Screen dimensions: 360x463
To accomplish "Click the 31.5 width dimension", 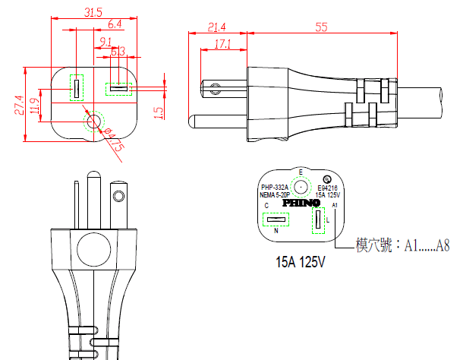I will (93, 12).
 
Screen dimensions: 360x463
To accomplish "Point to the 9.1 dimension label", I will (106, 41).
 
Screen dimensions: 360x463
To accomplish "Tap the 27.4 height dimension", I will (18, 105).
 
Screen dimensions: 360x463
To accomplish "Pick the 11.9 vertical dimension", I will (34, 105).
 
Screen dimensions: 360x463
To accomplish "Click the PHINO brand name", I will (301, 204).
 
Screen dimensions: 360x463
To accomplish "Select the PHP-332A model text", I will (275, 187).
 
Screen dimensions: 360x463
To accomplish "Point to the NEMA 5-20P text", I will (275, 194).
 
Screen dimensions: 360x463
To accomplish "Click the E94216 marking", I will (328, 187).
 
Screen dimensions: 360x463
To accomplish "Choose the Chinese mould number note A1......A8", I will (402, 245).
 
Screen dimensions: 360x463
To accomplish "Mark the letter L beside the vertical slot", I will (326, 220).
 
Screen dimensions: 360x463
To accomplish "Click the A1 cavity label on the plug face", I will (335, 206).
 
